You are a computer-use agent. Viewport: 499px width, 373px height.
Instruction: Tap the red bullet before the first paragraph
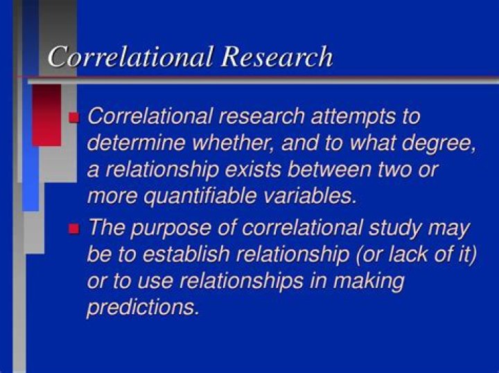coord(75,117)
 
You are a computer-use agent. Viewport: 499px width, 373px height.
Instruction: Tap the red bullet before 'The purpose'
coord(75,228)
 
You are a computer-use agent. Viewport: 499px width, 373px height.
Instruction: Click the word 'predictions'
coord(143,307)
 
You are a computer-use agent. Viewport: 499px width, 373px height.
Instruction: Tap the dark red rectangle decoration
coord(46,115)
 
